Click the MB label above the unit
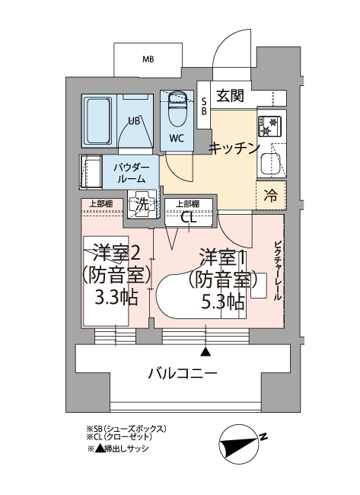point(148,59)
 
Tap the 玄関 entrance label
point(231,95)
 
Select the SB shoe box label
point(204,107)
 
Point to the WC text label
point(177,139)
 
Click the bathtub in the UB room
point(98,120)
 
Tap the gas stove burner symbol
point(269,126)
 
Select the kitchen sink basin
point(269,164)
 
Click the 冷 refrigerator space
point(271,196)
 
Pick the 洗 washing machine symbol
point(142,205)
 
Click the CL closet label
point(189,218)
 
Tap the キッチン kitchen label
point(234,148)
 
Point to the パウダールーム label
point(131,173)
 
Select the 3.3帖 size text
point(116,297)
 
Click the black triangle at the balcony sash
point(205,352)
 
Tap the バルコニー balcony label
point(183,374)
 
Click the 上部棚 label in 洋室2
point(100,203)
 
